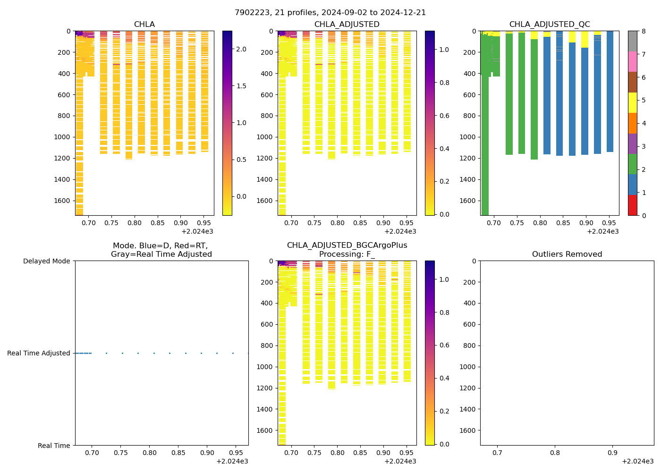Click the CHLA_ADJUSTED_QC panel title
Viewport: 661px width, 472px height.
pyautogui.click(x=550, y=25)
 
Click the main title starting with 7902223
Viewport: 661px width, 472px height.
pyautogui.click(x=330, y=13)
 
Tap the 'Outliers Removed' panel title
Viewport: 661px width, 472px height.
pyautogui.click(x=567, y=254)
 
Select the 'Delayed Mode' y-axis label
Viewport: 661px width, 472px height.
pyautogui.click(x=46, y=261)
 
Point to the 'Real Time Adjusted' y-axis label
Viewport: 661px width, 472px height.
pyautogui.click(x=39, y=353)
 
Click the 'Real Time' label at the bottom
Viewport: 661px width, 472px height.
pyautogui.click(x=54, y=446)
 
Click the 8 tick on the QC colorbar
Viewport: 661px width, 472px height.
pyautogui.click(x=643, y=31)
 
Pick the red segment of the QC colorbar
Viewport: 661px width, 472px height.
pyautogui.click(x=633, y=205)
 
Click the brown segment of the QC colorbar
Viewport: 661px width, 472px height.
pyautogui.click(x=633, y=82)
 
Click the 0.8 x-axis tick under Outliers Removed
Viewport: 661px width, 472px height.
pyautogui.click(x=555, y=453)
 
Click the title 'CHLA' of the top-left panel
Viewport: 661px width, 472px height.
pyautogui.click(x=144, y=25)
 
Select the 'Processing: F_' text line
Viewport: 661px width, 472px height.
pyautogui.click(x=347, y=254)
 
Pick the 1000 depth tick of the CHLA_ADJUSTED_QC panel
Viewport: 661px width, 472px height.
pyautogui.click(x=466, y=137)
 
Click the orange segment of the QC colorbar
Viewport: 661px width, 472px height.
pyautogui.click(x=633, y=123)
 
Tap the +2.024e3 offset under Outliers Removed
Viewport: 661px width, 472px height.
pyautogui.click(x=637, y=461)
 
